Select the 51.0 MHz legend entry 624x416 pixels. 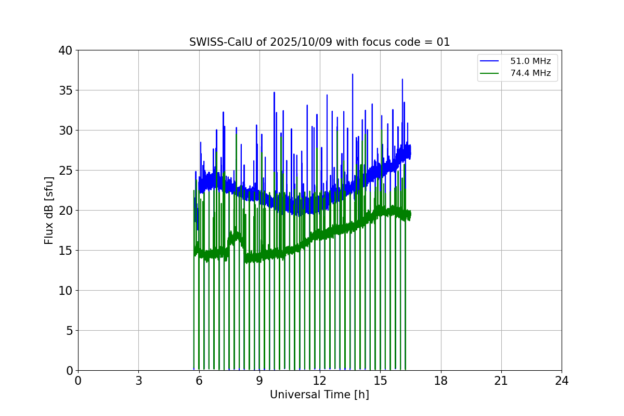tap(530, 61)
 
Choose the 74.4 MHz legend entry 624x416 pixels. tap(530, 73)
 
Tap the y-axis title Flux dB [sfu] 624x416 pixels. tap(49, 210)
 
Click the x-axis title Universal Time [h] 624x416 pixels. tap(319, 395)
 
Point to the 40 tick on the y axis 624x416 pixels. tap(66, 50)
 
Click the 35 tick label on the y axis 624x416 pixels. tap(66, 90)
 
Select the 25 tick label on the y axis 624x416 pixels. tap(66, 171)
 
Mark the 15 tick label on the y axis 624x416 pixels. tap(66, 251)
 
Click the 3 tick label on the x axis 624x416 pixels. tap(138, 381)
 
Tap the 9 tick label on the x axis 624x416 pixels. tap(259, 381)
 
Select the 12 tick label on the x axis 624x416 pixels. tap(320, 381)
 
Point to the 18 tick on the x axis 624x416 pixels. tap(441, 381)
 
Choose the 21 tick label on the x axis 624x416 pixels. tap(501, 381)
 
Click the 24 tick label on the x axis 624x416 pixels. tap(562, 381)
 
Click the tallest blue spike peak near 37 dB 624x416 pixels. tap(353, 74)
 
